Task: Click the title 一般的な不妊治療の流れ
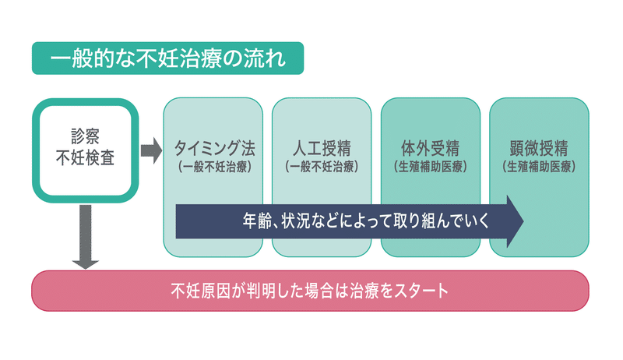pos(167,58)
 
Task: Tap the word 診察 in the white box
pos(86,136)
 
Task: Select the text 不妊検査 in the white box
pos(86,157)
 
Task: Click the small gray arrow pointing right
pos(151,150)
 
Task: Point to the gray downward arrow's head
pos(86,265)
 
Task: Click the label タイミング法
pos(215,148)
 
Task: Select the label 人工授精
pos(322,148)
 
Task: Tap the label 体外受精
pos(431,148)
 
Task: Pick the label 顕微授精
pos(539,148)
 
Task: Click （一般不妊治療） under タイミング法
pos(215,167)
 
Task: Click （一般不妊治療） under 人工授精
pos(322,167)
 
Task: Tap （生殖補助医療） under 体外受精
pos(431,167)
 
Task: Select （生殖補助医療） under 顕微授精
pos(539,167)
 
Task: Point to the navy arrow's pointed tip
pos(523,221)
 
